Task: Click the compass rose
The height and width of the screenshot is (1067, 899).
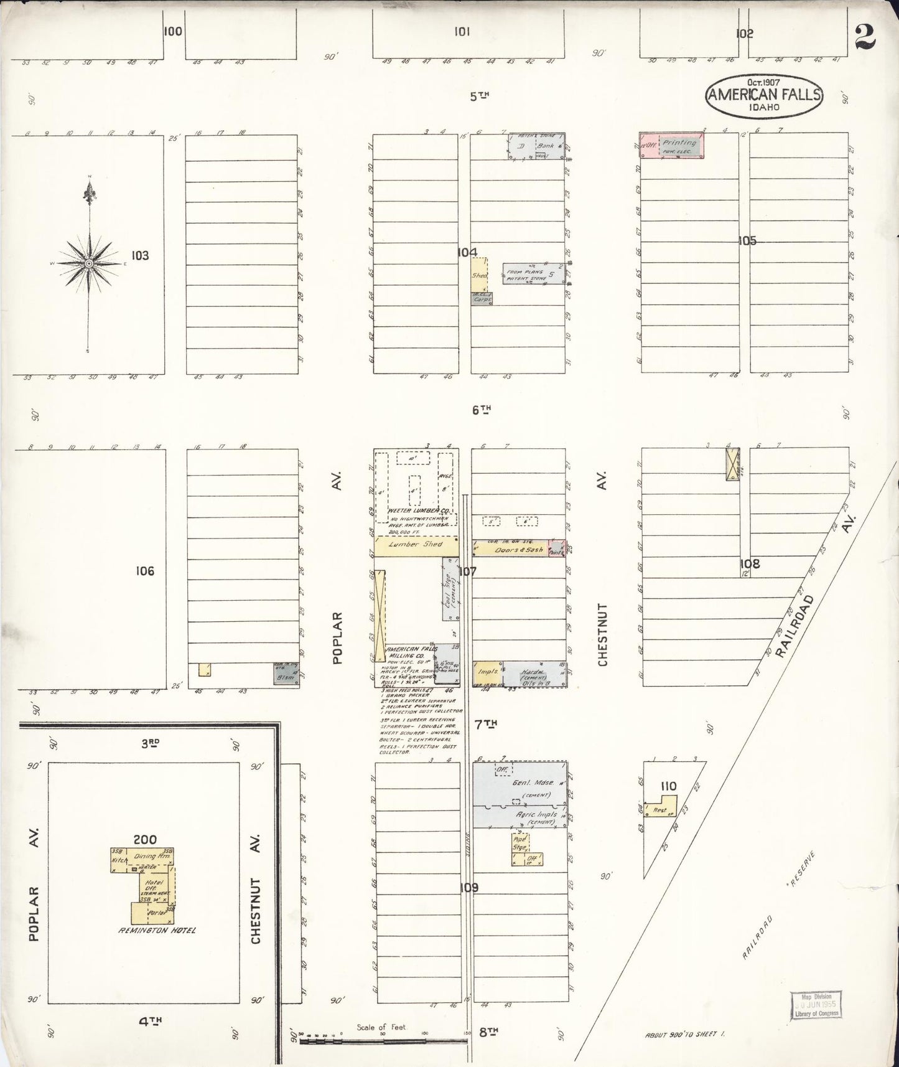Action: (90, 264)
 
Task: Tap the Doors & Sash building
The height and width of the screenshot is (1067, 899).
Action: (510, 549)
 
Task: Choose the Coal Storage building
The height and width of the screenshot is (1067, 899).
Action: (450, 589)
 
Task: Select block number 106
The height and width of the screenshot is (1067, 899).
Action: (145, 571)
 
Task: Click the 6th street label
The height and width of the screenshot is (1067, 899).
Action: (481, 410)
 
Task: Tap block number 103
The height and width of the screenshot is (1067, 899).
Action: (141, 255)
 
